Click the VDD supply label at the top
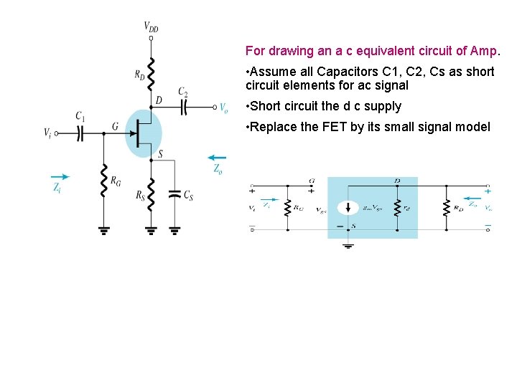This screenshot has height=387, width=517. [152, 27]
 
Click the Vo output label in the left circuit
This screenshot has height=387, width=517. [223, 108]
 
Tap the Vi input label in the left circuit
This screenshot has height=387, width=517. [47, 133]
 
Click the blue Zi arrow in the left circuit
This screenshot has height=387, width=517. [61, 176]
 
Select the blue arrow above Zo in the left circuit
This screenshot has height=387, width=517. [216, 158]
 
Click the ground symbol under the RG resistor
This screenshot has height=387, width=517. [103, 230]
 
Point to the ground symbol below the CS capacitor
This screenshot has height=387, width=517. [174, 230]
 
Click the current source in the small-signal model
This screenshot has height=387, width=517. [348, 208]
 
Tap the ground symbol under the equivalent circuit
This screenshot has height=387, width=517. [348, 246]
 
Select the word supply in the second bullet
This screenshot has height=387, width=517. [383, 106]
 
